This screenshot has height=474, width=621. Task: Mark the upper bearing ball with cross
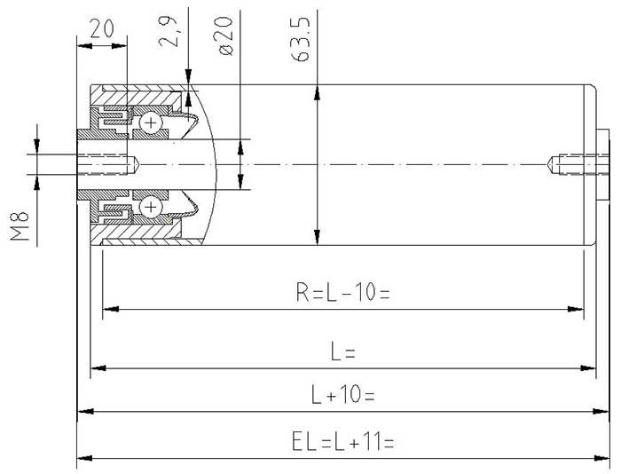click(152, 122)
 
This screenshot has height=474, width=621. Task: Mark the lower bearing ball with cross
click(152, 207)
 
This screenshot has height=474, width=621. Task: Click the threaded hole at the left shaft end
click(111, 164)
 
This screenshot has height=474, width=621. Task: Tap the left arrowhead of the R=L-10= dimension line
click(108, 310)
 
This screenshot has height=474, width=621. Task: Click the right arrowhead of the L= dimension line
click(589, 367)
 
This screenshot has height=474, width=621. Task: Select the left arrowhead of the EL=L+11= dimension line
click(83, 458)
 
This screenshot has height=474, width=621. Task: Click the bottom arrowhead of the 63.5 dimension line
click(317, 238)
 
